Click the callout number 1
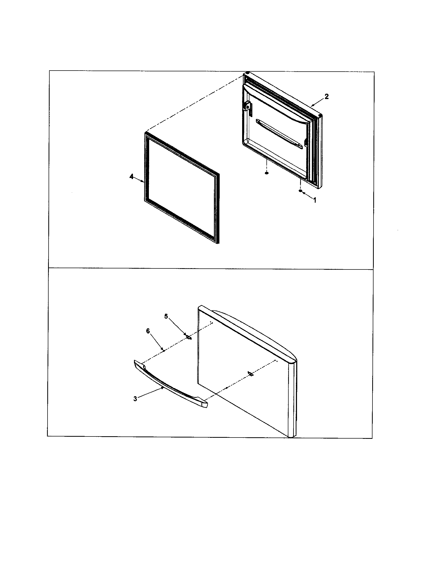314,200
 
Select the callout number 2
326,97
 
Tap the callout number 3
135,399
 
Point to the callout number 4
131,177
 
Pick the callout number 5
166,316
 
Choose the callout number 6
148,331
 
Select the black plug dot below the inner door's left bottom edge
267,173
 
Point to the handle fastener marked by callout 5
188,337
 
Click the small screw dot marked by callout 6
164,350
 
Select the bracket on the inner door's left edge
248,106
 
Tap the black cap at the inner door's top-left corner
248,73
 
